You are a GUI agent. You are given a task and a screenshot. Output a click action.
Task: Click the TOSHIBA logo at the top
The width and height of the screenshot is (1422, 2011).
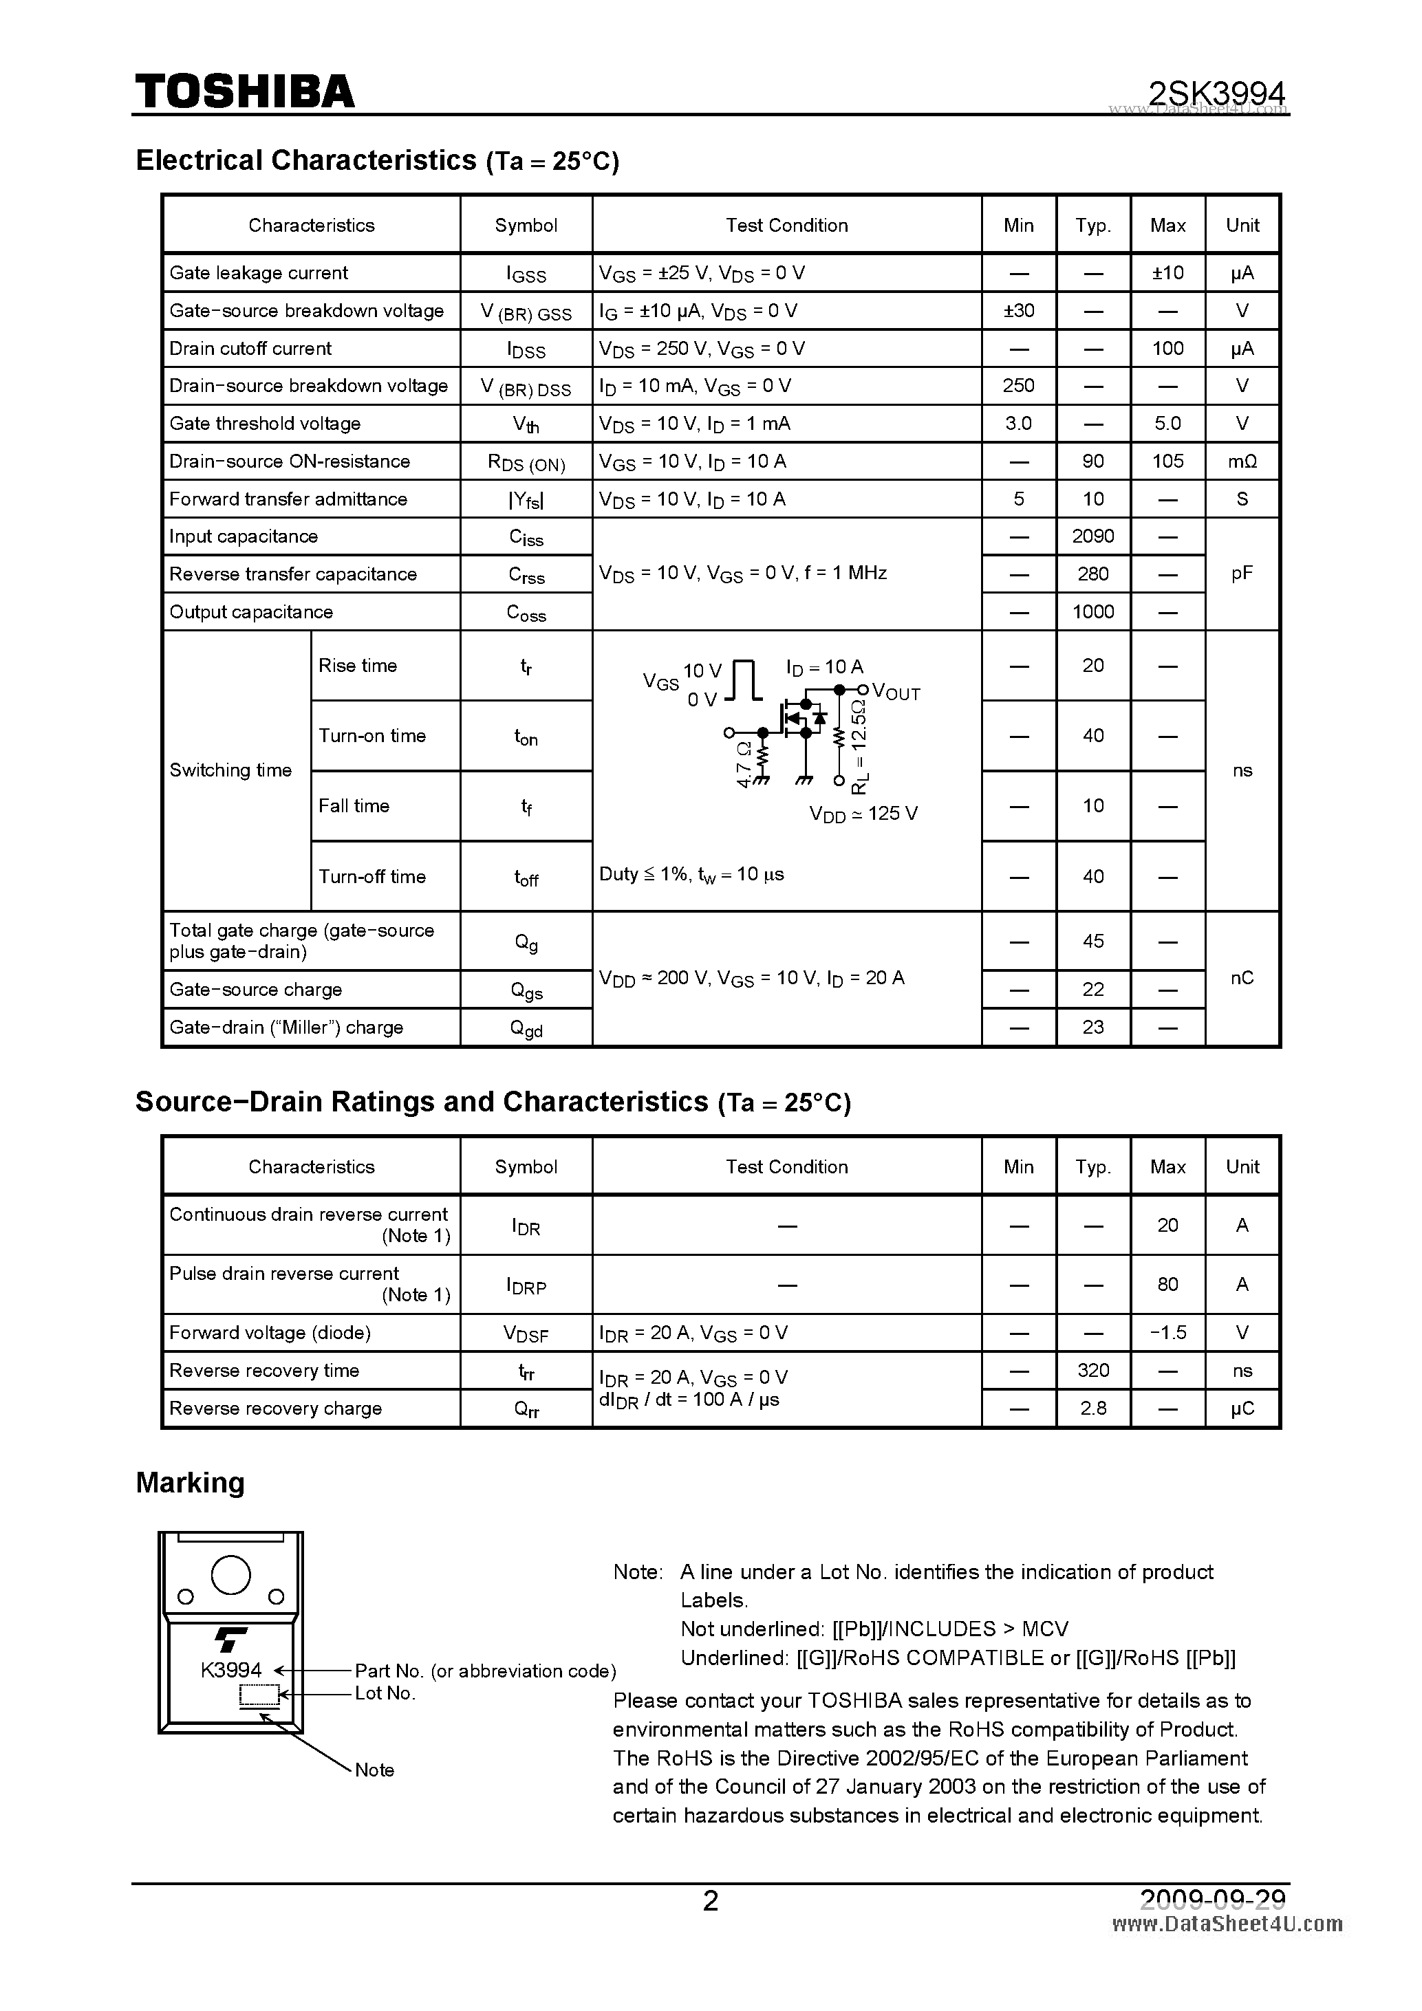244,90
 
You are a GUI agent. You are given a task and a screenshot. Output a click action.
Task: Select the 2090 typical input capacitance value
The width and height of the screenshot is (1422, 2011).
1092,536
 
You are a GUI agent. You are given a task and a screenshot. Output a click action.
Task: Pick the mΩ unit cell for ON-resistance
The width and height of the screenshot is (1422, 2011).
1242,461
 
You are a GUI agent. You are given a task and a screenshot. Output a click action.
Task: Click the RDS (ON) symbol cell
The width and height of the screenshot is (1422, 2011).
526,461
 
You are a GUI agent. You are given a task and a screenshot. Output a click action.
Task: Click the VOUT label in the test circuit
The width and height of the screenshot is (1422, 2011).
896,692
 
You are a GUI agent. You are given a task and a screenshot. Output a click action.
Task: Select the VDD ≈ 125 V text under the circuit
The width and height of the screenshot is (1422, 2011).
863,814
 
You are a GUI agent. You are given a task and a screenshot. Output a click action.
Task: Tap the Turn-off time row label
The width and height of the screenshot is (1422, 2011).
371,876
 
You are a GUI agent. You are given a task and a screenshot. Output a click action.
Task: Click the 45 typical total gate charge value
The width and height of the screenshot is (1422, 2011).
1092,941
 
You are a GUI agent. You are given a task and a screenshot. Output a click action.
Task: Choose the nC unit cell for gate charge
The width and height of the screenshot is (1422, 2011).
1242,977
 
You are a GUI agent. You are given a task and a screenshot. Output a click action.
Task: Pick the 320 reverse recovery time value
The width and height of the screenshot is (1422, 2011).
1092,1370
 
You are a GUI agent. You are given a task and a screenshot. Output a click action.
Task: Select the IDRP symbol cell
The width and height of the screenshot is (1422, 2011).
526,1285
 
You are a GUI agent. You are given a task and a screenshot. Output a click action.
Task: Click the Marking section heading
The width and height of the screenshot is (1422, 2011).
190,1482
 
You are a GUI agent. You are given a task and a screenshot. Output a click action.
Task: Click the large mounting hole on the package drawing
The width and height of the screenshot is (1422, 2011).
231,1575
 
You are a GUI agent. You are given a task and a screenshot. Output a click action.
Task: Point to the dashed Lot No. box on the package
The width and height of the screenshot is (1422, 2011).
259,1697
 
